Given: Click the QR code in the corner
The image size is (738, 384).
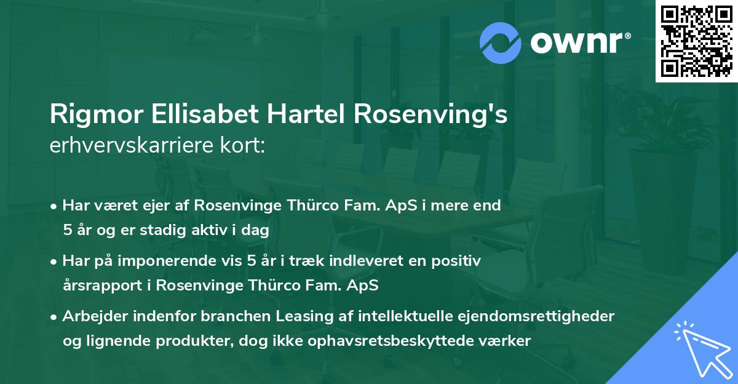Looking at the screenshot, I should pos(696,41).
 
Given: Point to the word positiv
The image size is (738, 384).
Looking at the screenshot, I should pos(458,261).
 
